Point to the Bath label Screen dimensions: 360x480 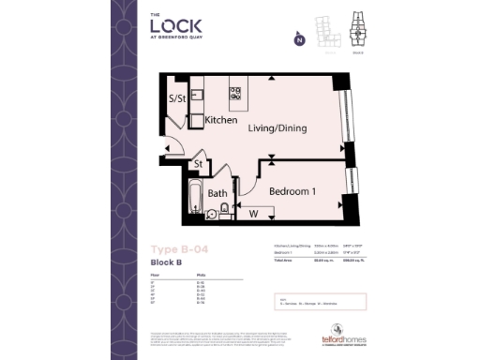tap(217, 194)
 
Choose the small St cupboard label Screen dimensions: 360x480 tap(199, 166)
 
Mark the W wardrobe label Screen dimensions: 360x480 tap(252, 214)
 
